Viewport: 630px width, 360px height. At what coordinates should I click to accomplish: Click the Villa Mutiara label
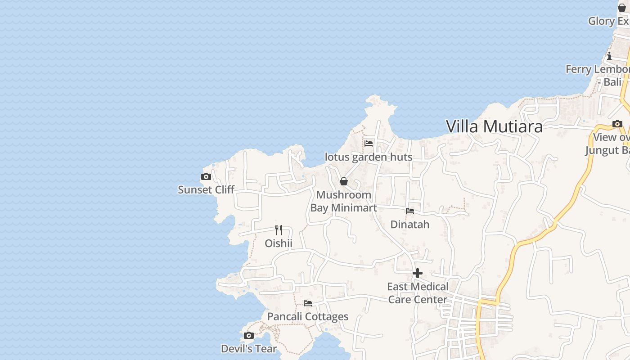click(x=494, y=126)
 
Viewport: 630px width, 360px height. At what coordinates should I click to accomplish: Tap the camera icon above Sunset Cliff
click(x=206, y=177)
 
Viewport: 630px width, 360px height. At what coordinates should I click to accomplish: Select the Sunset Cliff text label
click(x=206, y=189)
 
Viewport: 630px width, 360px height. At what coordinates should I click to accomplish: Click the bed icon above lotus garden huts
click(x=369, y=144)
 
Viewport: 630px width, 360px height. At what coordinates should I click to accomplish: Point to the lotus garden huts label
click(x=369, y=157)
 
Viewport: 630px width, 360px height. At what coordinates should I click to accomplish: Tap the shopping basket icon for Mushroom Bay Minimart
click(x=344, y=181)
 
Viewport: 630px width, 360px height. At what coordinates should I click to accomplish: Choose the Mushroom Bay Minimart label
click(x=344, y=201)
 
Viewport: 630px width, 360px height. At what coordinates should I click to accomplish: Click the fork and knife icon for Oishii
click(x=279, y=230)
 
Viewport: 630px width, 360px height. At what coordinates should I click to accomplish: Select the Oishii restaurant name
click(x=279, y=243)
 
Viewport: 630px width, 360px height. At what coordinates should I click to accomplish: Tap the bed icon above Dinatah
click(x=410, y=211)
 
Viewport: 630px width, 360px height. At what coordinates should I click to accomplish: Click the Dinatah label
click(x=410, y=224)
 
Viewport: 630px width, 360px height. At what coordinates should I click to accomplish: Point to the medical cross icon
click(x=418, y=273)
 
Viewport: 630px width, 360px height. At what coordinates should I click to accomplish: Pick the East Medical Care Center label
click(x=418, y=293)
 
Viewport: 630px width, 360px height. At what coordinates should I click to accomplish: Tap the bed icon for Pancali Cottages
click(x=308, y=303)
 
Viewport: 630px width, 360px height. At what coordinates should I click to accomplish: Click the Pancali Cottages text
click(x=308, y=316)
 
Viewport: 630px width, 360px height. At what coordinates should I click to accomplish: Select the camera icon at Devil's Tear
click(x=248, y=335)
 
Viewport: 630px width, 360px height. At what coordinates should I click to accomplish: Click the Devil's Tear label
click(x=249, y=348)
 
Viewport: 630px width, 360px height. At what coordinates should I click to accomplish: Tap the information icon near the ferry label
click(x=609, y=56)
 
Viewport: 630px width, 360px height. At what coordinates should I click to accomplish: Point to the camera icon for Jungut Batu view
click(x=617, y=124)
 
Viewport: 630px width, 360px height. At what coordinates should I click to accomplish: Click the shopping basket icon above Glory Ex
click(x=622, y=8)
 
